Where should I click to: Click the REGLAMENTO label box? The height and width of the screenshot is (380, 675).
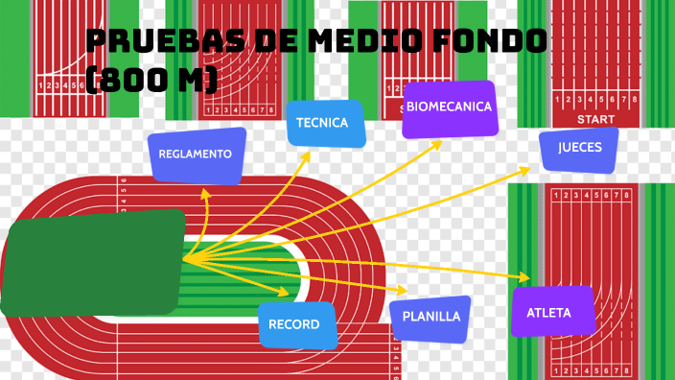[196, 154]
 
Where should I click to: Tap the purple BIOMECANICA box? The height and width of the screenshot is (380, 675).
[449, 107]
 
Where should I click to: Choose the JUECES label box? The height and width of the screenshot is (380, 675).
[579, 149]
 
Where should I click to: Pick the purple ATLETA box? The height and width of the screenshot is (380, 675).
[548, 313]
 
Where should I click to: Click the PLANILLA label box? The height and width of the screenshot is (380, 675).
[431, 317]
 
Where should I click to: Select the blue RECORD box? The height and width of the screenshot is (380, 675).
[296, 324]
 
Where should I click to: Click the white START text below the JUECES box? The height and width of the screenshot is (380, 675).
[595, 119]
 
